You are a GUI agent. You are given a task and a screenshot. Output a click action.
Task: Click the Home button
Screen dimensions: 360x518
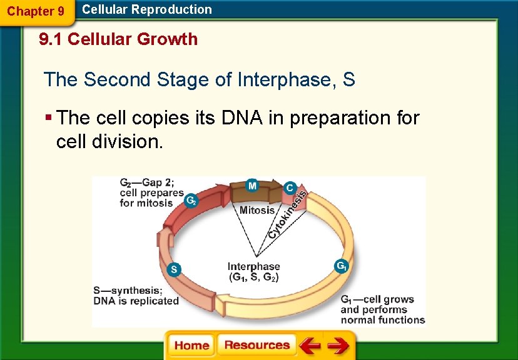click(x=191, y=346)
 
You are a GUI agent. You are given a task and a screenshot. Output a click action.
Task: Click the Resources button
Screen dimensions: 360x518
click(x=256, y=345)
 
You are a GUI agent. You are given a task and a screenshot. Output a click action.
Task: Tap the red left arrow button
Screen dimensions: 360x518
click(x=309, y=346)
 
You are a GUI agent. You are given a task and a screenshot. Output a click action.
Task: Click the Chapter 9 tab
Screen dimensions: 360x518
click(x=36, y=11)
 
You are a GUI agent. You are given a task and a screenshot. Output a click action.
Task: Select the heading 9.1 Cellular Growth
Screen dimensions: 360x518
click(x=118, y=39)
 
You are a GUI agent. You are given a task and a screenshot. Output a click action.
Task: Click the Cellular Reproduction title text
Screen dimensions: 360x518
click(x=147, y=9)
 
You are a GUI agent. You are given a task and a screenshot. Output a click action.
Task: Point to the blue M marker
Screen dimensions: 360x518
click(x=251, y=186)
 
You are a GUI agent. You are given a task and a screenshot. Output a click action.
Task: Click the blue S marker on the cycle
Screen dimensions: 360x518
click(x=175, y=269)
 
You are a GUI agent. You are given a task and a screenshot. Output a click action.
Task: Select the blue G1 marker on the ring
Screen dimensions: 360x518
click(x=342, y=266)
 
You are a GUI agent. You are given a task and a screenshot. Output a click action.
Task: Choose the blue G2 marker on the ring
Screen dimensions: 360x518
click(x=192, y=201)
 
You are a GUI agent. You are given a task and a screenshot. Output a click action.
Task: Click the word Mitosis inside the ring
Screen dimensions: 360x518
click(x=257, y=210)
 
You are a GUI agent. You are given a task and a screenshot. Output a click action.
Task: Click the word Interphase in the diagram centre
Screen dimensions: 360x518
click(x=253, y=266)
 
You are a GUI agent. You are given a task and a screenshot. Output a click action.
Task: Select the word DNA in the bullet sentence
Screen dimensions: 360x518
click(x=250, y=117)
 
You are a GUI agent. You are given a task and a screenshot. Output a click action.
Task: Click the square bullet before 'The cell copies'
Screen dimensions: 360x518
click(x=48, y=118)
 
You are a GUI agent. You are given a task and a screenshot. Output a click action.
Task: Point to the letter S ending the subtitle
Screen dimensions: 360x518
click(x=349, y=80)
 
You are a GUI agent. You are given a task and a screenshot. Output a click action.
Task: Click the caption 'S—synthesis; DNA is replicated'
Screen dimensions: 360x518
click(x=136, y=296)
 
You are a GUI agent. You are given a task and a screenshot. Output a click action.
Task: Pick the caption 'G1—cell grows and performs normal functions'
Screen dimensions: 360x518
click(x=382, y=310)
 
